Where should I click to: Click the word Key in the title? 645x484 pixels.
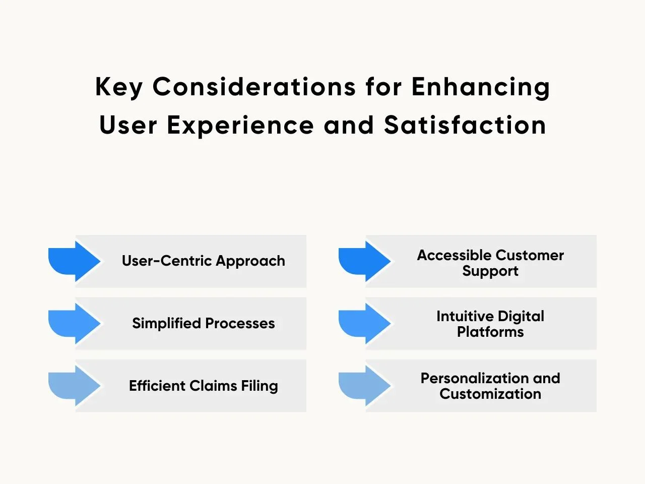tap(119, 87)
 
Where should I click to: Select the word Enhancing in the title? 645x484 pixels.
tap(481, 87)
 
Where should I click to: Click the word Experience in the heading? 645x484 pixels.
tap(240, 126)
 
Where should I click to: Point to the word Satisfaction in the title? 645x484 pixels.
tap(465, 125)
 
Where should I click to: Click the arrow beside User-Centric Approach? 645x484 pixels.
tap(75, 261)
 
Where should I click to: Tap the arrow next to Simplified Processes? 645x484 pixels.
tap(75, 324)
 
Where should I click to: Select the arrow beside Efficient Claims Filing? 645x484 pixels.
tap(75, 386)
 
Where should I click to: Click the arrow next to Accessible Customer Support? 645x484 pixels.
tap(365, 261)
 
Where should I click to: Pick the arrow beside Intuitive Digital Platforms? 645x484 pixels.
tap(365, 324)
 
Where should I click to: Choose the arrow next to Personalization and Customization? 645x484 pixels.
tap(365, 386)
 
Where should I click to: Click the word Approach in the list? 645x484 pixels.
tap(250, 261)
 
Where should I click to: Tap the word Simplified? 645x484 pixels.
tap(167, 323)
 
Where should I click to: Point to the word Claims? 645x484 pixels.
tap(213, 386)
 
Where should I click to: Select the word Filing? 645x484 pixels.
tap(260, 386)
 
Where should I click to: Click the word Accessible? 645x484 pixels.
tap(454, 255)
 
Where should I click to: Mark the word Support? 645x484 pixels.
tap(490, 271)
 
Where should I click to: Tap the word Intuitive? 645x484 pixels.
tap(465, 316)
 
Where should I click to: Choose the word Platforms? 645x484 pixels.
tap(490, 332)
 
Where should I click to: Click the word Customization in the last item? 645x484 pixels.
tap(490, 394)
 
